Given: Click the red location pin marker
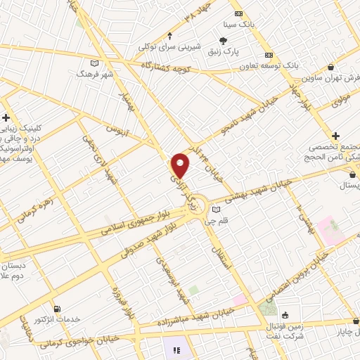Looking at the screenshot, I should tap(181, 165).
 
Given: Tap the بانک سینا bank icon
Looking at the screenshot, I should tap(239, 14).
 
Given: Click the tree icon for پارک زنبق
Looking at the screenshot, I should tap(224, 41).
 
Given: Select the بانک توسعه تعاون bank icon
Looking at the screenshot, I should tap(268, 55).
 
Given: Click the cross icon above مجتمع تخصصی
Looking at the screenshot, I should tap(336, 135).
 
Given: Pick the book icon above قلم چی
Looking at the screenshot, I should tap(217, 210).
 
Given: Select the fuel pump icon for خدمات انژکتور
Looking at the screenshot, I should tap(57, 308).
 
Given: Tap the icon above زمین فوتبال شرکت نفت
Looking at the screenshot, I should tap(285, 315).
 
